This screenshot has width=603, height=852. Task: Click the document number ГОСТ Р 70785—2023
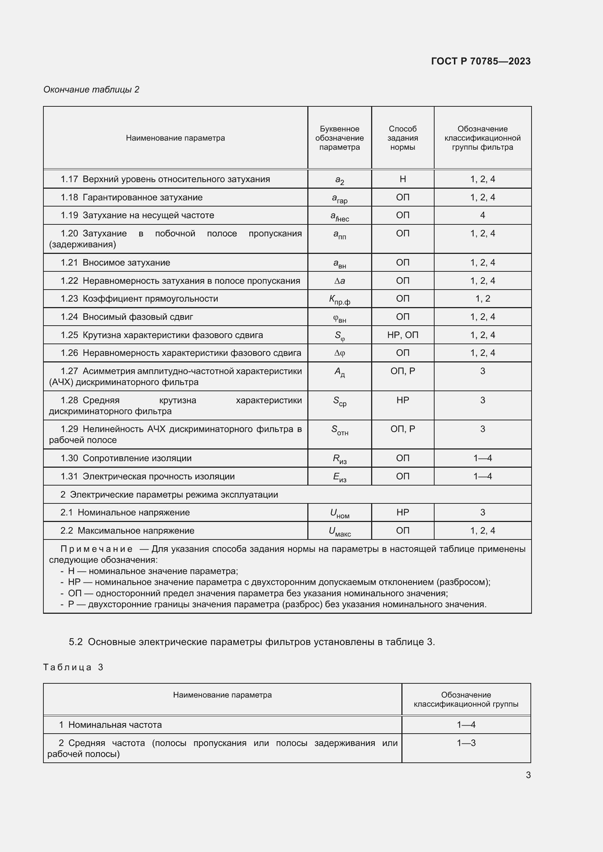[x=481, y=61]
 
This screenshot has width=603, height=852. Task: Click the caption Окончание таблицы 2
[x=92, y=90]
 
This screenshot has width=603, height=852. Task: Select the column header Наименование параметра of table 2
[x=175, y=138]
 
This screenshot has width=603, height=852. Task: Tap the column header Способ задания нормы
[x=402, y=138]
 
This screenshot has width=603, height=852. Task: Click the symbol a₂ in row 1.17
[x=339, y=180]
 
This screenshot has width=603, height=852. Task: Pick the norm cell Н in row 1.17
[x=402, y=179]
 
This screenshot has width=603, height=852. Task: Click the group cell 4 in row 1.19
[x=482, y=215]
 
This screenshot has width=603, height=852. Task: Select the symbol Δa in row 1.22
[x=339, y=281]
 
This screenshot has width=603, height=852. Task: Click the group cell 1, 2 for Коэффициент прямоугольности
[x=482, y=299]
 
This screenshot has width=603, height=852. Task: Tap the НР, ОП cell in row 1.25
[x=402, y=335]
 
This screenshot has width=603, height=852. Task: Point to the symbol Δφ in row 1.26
[x=339, y=353]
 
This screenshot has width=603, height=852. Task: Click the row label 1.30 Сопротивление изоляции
[x=126, y=458]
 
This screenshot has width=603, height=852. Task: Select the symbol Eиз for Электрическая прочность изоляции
[x=339, y=477]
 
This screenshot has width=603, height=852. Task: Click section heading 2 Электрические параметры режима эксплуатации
[x=169, y=495]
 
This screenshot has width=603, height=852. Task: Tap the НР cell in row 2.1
[x=402, y=513]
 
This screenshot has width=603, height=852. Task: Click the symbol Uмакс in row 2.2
[x=339, y=531]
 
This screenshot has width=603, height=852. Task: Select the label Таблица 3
[x=73, y=667]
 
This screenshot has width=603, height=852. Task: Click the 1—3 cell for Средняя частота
[x=466, y=743]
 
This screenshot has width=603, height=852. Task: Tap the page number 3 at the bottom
[x=528, y=775]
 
